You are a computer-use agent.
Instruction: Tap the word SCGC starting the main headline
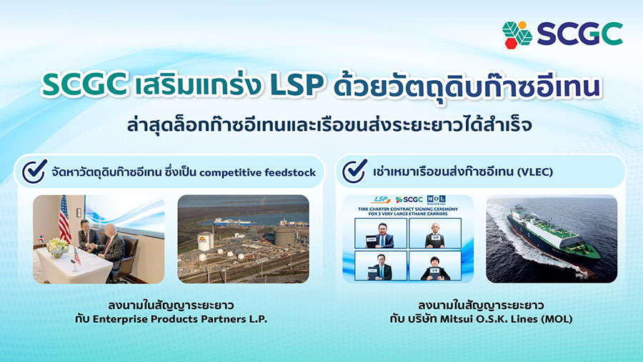(x=84, y=86)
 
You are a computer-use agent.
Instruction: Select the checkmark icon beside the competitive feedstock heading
(x=34, y=172)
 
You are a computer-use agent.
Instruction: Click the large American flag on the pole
(x=64, y=218)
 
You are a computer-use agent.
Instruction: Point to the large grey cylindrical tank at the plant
(x=285, y=235)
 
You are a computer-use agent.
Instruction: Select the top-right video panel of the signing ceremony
(x=436, y=233)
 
